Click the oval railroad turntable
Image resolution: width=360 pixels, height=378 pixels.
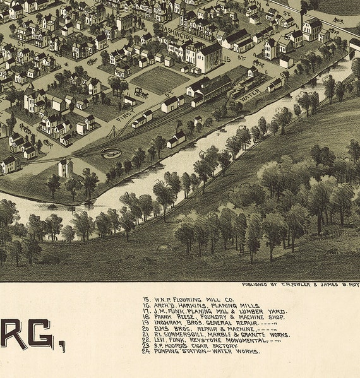(111, 153)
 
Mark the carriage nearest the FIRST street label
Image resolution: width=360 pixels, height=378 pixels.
(141, 93)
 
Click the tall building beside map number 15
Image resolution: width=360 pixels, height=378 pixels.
(209, 57)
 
